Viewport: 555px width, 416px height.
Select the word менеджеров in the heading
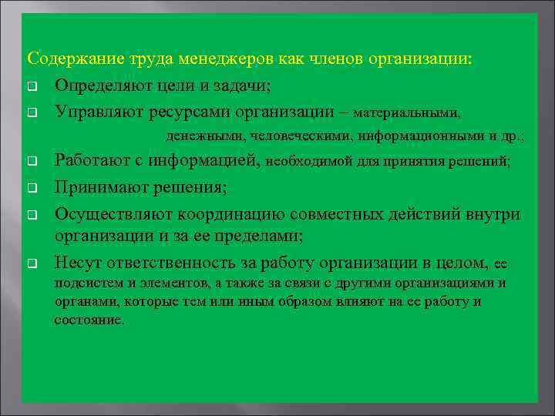[x=220, y=59]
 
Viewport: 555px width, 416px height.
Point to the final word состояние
[x=88, y=320]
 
